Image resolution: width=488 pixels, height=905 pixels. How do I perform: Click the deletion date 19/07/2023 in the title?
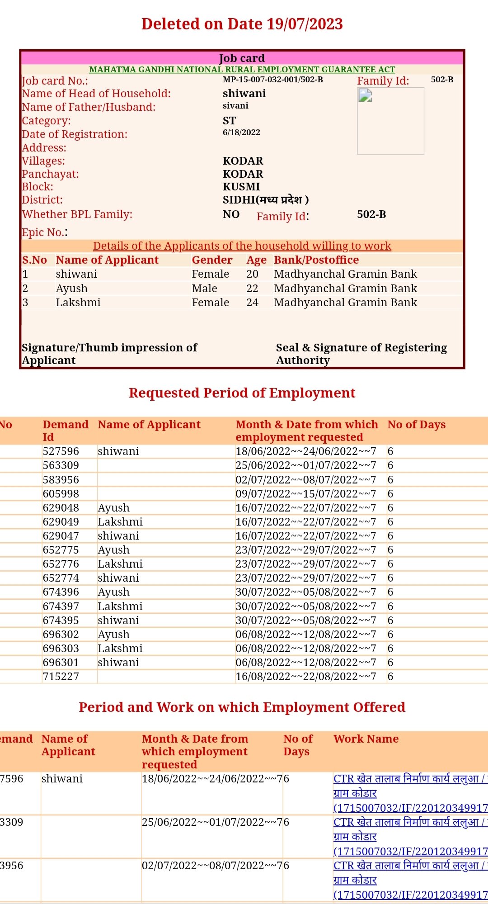pyautogui.click(x=305, y=24)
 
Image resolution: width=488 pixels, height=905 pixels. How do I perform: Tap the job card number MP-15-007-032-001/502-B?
pyautogui.click(x=272, y=80)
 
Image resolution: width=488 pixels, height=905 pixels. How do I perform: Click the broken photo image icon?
pyautogui.click(x=365, y=95)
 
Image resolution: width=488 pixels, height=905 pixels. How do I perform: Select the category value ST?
pyautogui.click(x=229, y=121)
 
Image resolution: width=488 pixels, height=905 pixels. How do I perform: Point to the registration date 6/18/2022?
pyautogui.click(x=241, y=133)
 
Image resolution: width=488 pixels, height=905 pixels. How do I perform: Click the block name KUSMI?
pyautogui.click(x=241, y=187)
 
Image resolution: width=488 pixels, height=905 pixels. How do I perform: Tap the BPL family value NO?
pyautogui.click(x=231, y=214)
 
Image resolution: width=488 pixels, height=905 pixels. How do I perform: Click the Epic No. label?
pyautogui.click(x=44, y=232)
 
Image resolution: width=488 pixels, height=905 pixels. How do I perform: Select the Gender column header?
pyautogui.click(x=212, y=260)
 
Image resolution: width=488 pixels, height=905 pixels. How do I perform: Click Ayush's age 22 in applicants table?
pyautogui.click(x=252, y=289)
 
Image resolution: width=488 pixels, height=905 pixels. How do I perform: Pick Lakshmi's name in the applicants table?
pyautogui.click(x=78, y=303)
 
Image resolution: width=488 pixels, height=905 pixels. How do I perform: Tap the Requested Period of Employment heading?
pyautogui.click(x=242, y=393)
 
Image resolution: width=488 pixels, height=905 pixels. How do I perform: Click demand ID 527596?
pyautogui.click(x=61, y=451)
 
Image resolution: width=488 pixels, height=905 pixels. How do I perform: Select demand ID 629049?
pyautogui.click(x=61, y=522)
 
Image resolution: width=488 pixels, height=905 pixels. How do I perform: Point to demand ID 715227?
pyautogui.click(x=61, y=677)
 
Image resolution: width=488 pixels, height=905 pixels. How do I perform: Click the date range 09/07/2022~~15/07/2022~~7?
pyautogui.click(x=305, y=494)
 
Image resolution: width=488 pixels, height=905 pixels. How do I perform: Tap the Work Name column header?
pyautogui.click(x=366, y=739)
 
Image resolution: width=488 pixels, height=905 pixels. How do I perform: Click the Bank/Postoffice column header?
pyautogui.click(x=316, y=260)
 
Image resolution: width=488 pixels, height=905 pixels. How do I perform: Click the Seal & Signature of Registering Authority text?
pyautogui.click(x=361, y=354)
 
